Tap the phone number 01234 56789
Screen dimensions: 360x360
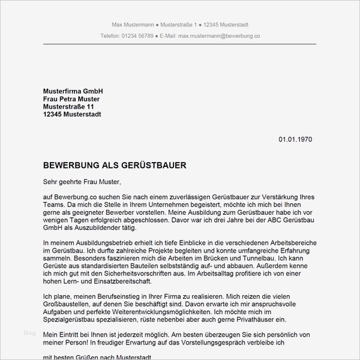click(x=136, y=36)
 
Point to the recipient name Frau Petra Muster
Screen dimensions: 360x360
click(x=71, y=98)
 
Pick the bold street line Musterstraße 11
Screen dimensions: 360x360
click(x=69, y=106)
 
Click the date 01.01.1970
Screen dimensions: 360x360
click(x=295, y=139)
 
